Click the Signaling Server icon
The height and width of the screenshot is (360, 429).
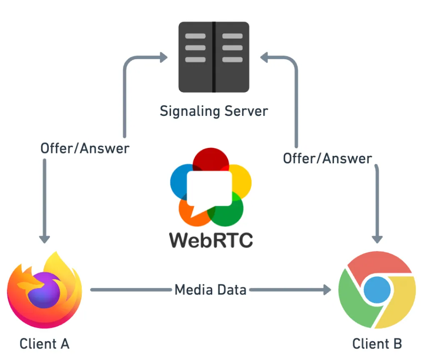coord(214,57)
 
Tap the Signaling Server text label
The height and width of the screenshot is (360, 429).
coord(214,111)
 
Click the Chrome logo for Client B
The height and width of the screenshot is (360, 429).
coord(377,290)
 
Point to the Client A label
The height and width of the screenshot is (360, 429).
coord(44,344)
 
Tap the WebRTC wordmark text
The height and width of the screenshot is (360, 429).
coord(211,240)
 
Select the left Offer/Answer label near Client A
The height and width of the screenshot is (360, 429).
coord(85,148)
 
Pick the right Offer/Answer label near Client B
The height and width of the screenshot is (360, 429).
coord(327,158)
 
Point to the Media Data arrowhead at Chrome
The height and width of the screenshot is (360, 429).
coord(327,290)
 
